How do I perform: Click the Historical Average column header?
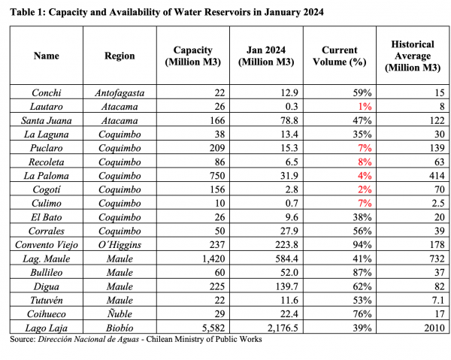(413, 56)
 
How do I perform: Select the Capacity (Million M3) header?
(192, 56)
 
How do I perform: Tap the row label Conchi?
(47, 92)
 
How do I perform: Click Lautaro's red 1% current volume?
(365, 107)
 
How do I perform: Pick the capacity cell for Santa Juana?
(217, 120)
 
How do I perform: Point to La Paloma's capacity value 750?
(217, 175)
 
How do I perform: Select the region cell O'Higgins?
(120, 245)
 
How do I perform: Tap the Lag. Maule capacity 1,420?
(213, 259)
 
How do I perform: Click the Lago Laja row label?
(47, 328)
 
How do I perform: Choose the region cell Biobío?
(120, 328)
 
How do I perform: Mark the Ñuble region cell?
(120, 313)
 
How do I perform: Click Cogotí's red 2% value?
(365, 189)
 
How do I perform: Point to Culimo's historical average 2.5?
(437, 203)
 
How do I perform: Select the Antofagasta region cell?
(120, 93)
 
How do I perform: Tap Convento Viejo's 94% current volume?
(362, 245)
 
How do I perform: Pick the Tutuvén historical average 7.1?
(437, 300)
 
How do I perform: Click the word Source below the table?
(22, 339)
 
